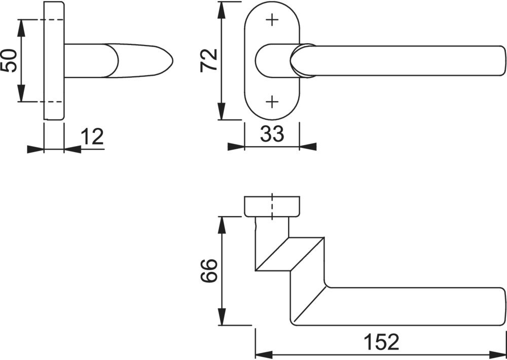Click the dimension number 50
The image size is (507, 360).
click(9, 60)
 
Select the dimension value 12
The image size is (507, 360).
click(92, 136)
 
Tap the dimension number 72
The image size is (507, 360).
click(209, 60)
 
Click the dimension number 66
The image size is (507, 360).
click(208, 271)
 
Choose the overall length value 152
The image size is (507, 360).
click(382, 342)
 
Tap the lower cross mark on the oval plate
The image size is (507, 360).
click(272, 102)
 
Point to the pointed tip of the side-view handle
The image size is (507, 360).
click(172, 60)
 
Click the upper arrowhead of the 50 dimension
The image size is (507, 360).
click(21, 28)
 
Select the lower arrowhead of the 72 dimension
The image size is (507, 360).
click(221, 111)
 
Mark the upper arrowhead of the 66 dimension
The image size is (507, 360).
click(222, 225)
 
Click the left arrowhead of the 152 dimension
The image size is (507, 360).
click(264, 355)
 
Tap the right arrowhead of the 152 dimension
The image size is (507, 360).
click(498, 355)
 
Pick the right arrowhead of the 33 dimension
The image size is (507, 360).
click(308, 147)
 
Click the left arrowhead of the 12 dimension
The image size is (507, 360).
click(35, 149)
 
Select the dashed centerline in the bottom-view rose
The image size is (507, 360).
click(272, 206)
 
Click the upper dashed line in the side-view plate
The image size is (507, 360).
click(51, 20)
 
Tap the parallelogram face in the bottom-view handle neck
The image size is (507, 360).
click(289, 254)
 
